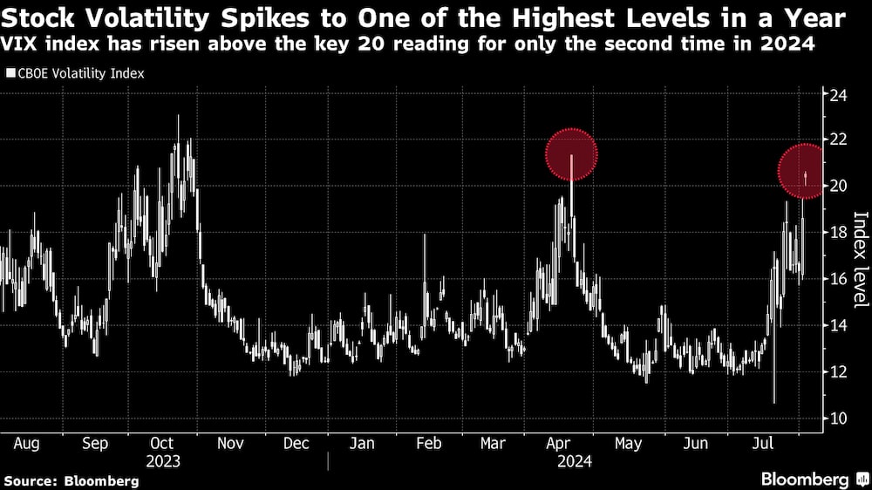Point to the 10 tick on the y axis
[837, 419]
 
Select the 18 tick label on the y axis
[837, 233]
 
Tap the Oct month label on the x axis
[161, 443]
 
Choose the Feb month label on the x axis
[428, 443]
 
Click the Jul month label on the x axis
[763, 443]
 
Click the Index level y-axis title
[860, 259]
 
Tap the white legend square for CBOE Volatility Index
[10, 74]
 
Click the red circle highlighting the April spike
[571, 154]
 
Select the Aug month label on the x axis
[26, 443]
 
